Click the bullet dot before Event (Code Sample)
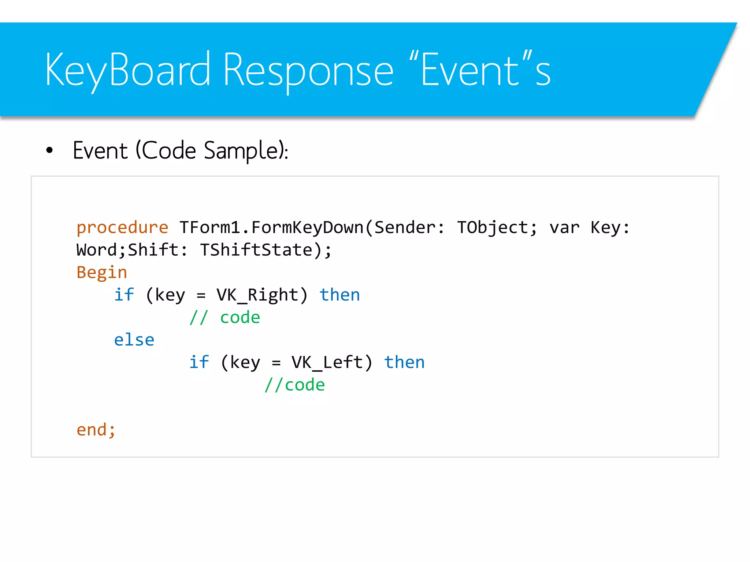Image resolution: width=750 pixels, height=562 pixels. click(49, 150)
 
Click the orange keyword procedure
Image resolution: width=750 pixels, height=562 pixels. click(122, 228)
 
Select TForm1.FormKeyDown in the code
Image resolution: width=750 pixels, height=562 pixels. click(271, 228)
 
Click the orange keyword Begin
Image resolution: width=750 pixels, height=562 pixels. click(102, 273)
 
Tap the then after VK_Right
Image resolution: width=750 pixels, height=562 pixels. click(340, 295)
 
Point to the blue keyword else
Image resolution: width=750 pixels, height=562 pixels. click(134, 340)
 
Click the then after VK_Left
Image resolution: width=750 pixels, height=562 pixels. click(404, 363)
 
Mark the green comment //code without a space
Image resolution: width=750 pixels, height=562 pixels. click(294, 385)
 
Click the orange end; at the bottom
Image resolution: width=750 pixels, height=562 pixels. click(96, 430)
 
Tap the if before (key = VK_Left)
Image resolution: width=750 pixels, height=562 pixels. click(199, 363)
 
